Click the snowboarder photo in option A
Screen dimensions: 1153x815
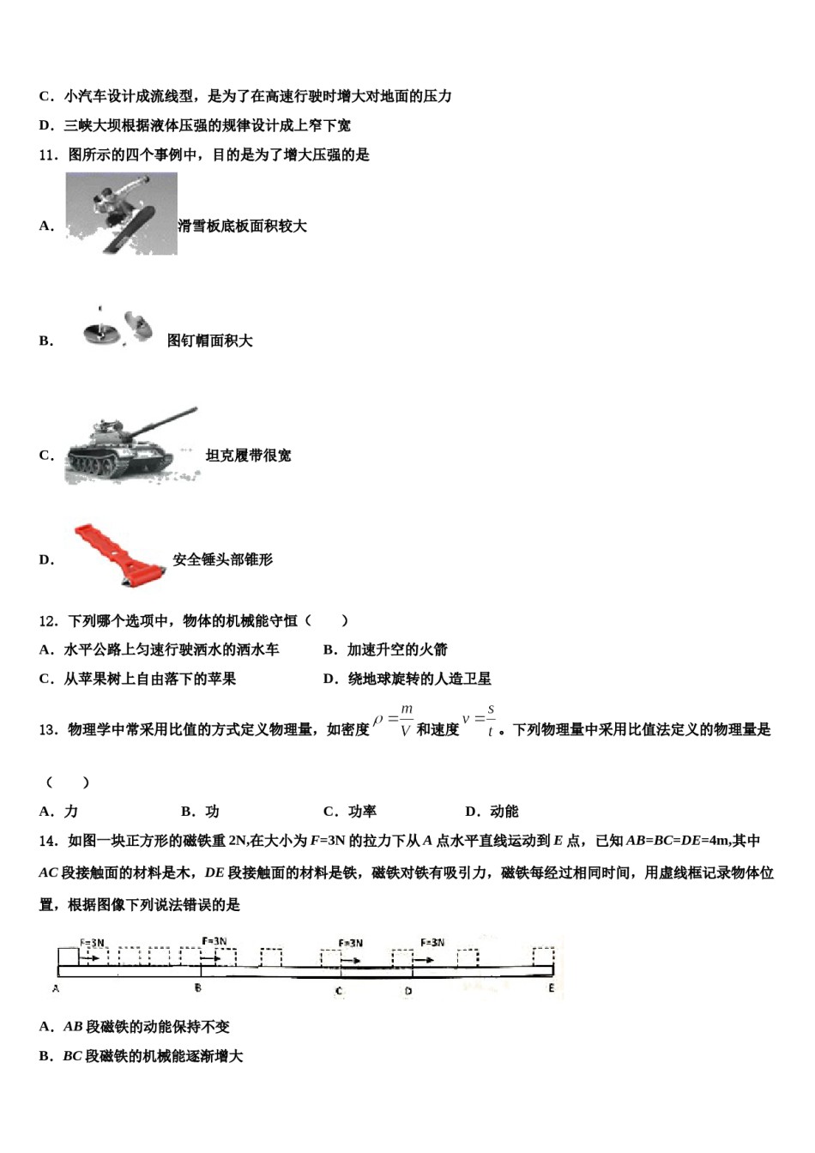tap(121, 214)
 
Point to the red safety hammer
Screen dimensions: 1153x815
tap(119, 555)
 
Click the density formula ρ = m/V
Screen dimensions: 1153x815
tap(394, 721)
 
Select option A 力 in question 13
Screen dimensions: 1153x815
tap(59, 811)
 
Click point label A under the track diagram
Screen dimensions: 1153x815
tap(56, 989)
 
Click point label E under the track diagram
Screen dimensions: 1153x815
tap(551, 988)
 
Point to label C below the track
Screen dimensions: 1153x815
tap(339, 991)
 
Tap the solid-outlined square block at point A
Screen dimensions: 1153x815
tap(68, 957)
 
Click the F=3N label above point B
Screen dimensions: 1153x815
tap(214, 941)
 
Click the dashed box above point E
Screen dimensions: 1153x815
tap(543, 956)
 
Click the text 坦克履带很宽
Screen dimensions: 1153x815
tap(248, 456)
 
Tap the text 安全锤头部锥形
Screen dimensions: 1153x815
tap(222, 559)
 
